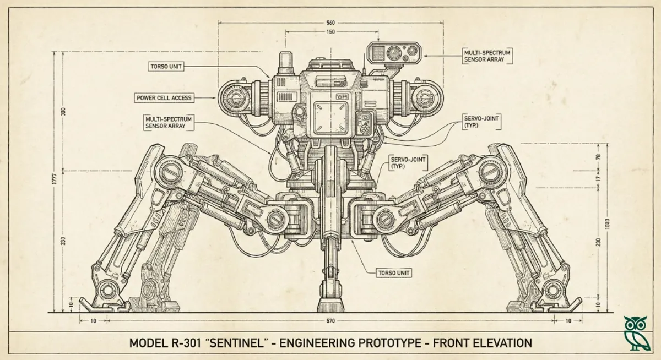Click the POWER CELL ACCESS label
coord(164,98)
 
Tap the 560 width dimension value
coord(330,23)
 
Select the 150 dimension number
coord(330,32)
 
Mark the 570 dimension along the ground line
coord(330,320)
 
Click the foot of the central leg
coord(330,304)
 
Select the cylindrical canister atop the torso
coord(285,63)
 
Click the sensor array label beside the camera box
coord(487,56)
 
